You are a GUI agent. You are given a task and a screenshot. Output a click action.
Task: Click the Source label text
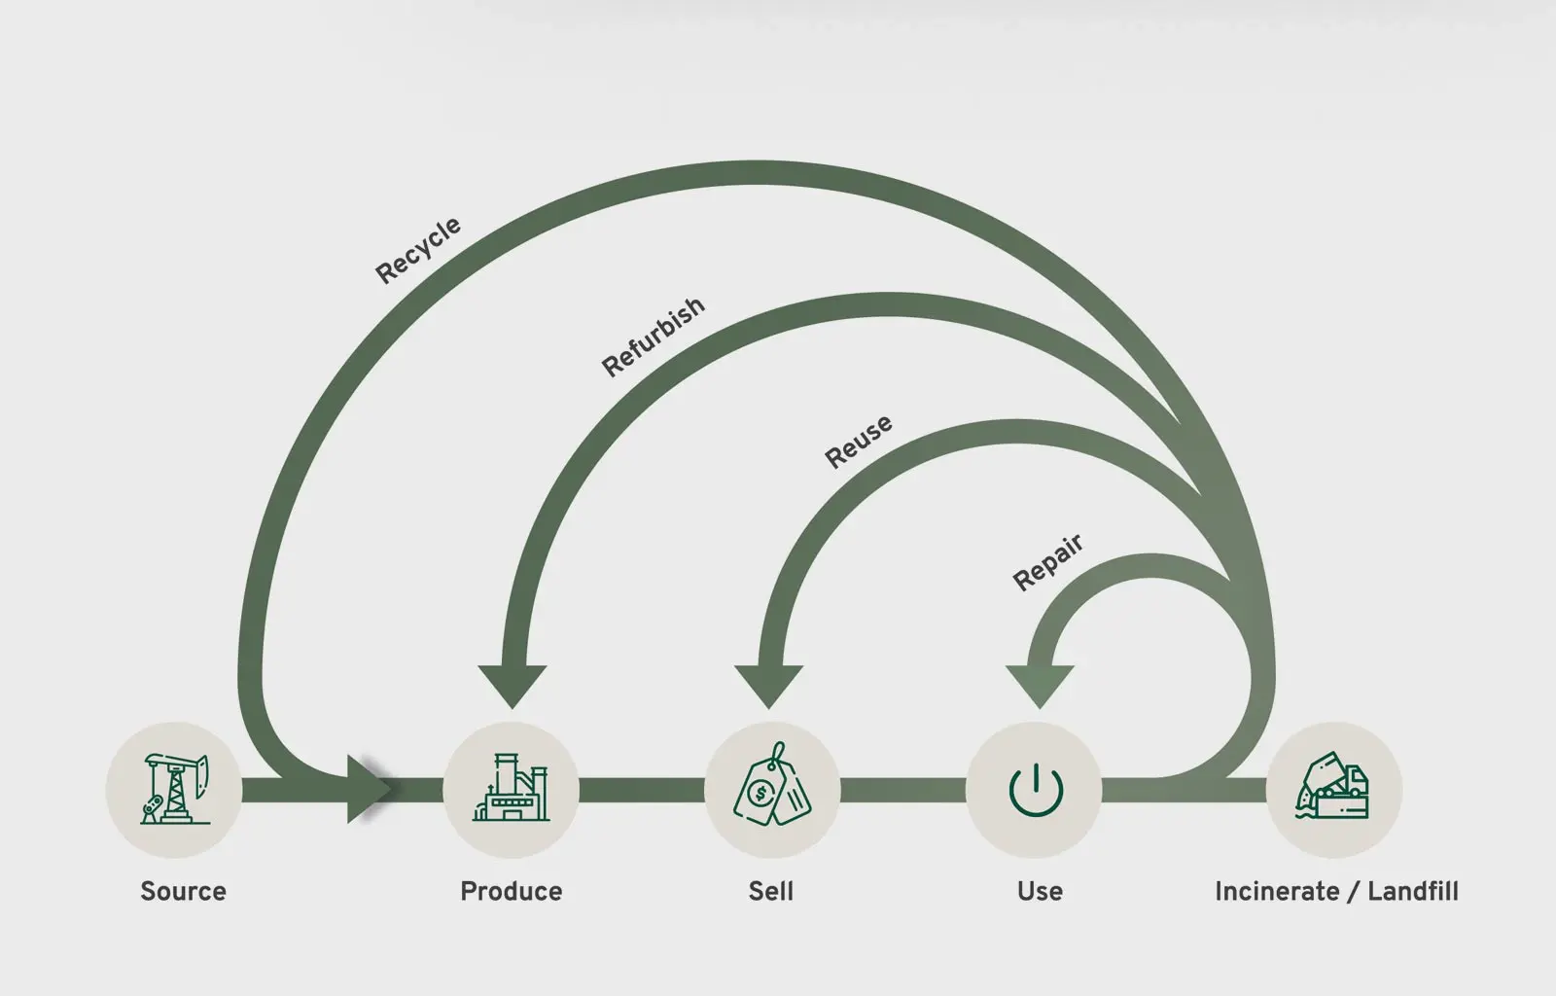[x=184, y=891]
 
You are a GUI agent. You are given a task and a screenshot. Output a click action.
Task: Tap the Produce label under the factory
[x=512, y=891]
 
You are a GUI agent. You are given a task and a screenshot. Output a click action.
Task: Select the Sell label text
[x=771, y=891]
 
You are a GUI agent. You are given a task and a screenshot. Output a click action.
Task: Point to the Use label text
[x=1040, y=891]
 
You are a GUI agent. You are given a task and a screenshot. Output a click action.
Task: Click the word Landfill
[x=1413, y=891]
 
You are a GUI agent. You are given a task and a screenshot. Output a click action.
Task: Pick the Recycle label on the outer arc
[x=418, y=250]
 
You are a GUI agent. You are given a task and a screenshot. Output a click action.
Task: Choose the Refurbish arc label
[x=653, y=337]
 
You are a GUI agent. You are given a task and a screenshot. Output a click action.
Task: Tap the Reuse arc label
[x=859, y=442]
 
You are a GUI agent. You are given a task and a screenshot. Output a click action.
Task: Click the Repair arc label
[x=1047, y=562]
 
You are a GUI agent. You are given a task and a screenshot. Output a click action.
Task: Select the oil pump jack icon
[x=175, y=789]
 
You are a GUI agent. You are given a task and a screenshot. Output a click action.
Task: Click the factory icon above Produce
[x=512, y=788]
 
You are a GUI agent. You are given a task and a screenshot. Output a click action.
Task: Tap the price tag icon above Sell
[x=772, y=784]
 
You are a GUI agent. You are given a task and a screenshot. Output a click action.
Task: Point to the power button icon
[x=1036, y=790]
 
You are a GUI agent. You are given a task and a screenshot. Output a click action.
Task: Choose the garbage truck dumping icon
[x=1332, y=786]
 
